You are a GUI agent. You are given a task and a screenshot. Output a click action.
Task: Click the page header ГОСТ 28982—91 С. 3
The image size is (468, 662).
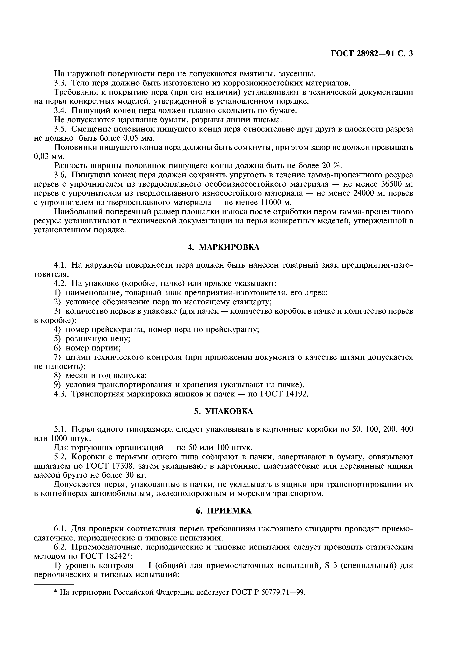[x=372, y=54]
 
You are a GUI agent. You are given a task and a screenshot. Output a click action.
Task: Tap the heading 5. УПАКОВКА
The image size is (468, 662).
[x=223, y=411]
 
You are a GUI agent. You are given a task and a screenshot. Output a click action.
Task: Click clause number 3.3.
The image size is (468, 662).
[x=60, y=83]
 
